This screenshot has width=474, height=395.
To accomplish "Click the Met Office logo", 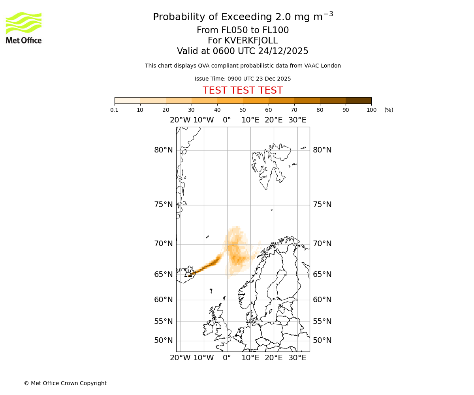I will [x=24, y=28].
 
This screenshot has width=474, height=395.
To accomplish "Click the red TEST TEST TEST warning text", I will [x=243, y=90].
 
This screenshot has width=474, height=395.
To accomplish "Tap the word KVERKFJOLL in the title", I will [x=251, y=41].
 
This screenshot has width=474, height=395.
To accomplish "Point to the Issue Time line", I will [x=243, y=79].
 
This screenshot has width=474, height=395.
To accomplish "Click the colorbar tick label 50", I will [x=243, y=110].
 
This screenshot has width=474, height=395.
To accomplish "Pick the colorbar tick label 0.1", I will [x=115, y=110].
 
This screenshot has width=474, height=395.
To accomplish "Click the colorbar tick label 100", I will [x=371, y=110].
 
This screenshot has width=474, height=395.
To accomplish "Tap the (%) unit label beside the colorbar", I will [x=389, y=110].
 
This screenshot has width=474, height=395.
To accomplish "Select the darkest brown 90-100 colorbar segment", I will [x=358, y=100].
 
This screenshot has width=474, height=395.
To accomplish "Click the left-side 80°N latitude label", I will [x=164, y=150].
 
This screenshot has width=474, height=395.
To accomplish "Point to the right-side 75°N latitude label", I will [x=322, y=205].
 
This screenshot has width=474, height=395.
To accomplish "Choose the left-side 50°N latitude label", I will [x=164, y=340].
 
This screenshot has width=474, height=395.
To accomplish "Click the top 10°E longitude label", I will [x=250, y=120].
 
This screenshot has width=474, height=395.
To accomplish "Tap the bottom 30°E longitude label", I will [x=297, y=358].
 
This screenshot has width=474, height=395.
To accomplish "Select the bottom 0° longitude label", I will [x=227, y=358].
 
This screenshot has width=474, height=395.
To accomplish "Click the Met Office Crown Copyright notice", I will [x=65, y=383].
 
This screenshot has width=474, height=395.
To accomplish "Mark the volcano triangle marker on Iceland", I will [x=188, y=274].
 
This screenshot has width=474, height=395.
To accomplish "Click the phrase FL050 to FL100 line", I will [x=243, y=30].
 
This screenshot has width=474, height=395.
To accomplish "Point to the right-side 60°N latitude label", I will [x=322, y=300].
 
